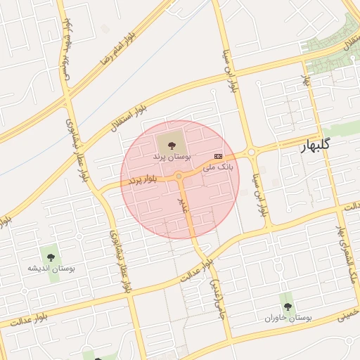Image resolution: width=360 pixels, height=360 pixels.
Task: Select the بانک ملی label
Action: tap(217, 167)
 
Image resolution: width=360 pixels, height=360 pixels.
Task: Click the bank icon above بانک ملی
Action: tap(218, 155)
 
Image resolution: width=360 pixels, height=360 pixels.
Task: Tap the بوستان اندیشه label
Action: tap(51, 269)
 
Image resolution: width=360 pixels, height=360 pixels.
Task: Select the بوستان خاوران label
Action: tap(288, 318)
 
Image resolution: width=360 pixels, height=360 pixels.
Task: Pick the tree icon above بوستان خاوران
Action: tap(288, 306)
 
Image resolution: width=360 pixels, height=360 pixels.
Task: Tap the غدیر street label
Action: tap(184, 205)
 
